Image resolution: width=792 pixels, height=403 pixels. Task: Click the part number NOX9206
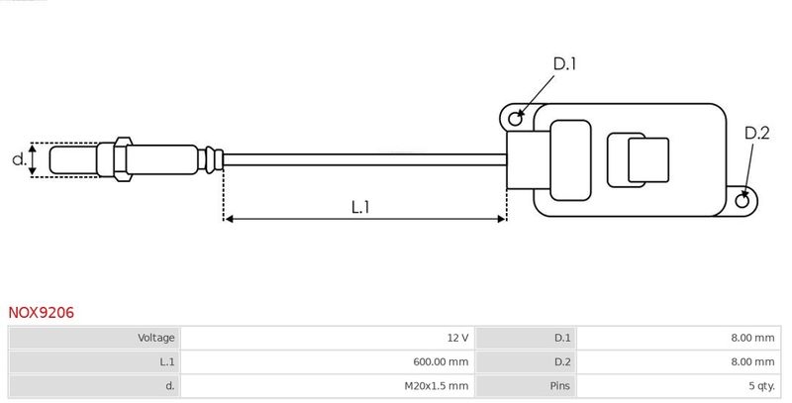click(x=42, y=313)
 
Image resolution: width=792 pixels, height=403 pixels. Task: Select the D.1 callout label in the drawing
click(x=564, y=64)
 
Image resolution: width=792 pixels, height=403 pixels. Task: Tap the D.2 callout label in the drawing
click(x=756, y=134)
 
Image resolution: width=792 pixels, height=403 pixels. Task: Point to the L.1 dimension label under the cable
click(x=360, y=207)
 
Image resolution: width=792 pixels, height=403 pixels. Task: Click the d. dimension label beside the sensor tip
click(x=18, y=158)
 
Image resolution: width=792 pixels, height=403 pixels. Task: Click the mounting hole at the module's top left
click(x=515, y=119)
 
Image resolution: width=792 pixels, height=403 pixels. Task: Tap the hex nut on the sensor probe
click(x=122, y=158)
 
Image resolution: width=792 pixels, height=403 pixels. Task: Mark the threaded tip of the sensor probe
click(x=71, y=158)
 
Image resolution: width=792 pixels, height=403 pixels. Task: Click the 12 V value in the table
click(x=457, y=338)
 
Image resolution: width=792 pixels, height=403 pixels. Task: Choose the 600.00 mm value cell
click(x=436, y=361)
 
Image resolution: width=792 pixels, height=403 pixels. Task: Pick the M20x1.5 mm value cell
click(x=436, y=385)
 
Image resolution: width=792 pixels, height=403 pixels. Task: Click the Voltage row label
click(x=156, y=338)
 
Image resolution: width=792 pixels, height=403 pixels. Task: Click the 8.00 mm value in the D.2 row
click(x=751, y=361)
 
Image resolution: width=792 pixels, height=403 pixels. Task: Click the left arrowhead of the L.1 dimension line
click(x=229, y=218)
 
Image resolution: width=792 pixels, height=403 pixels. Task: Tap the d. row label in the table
click(x=169, y=385)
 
